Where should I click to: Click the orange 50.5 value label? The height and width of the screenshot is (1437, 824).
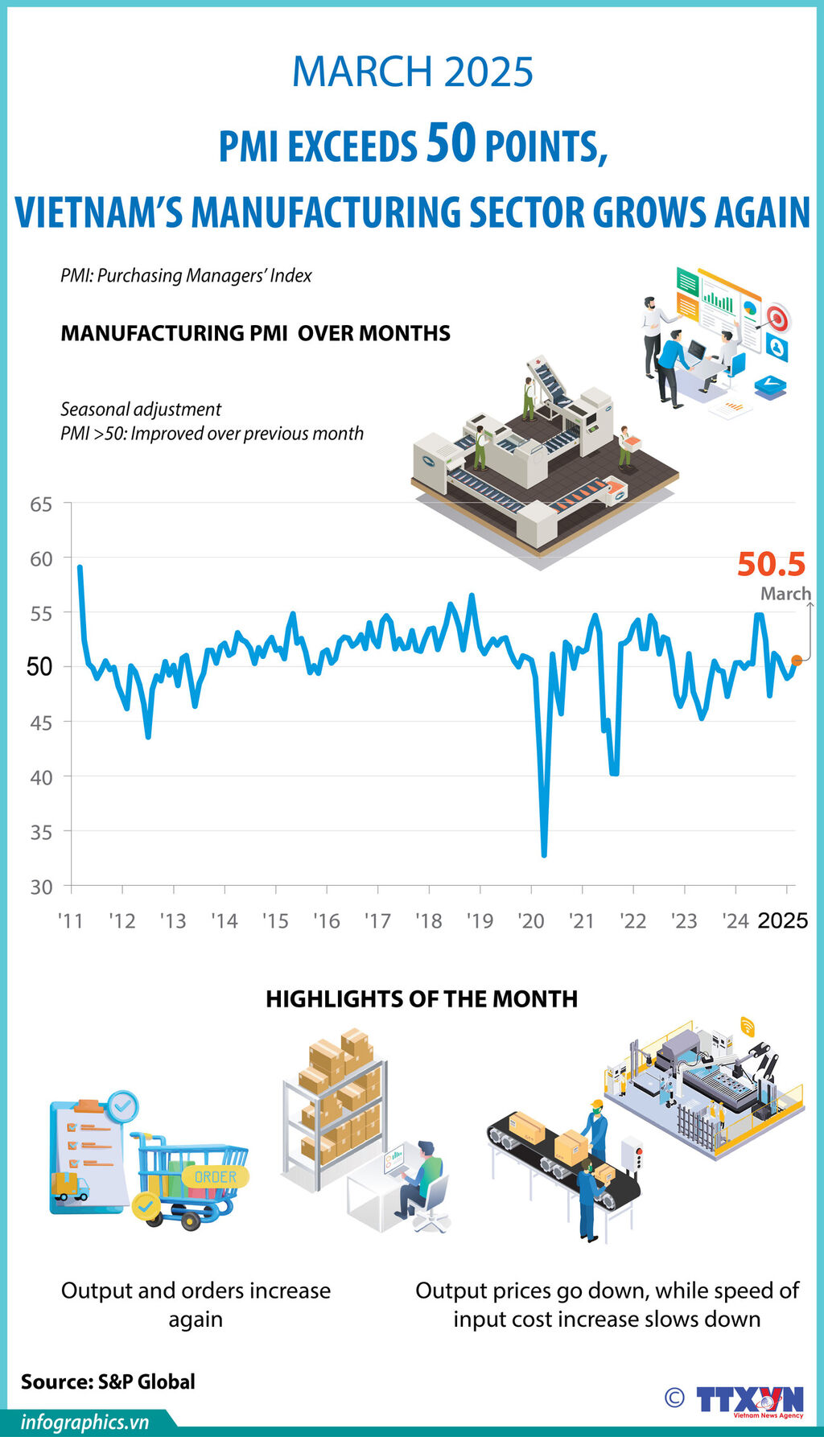(x=771, y=564)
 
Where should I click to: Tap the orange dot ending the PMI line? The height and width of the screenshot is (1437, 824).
(x=797, y=661)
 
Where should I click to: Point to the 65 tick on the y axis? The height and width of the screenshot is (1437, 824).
(x=41, y=504)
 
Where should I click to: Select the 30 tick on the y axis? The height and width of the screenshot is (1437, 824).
(x=41, y=887)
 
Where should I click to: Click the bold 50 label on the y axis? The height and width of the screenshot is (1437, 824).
(x=39, y=667)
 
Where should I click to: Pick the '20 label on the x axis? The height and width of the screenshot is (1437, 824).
(x=531, y=921)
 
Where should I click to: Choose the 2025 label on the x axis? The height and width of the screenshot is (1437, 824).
(x=783, y=921)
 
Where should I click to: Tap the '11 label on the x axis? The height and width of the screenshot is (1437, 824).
(x=71, y=921)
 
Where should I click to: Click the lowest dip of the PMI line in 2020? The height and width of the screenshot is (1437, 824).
(x=545, y=854)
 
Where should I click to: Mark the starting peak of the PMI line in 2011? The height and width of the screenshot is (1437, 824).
(x=80, y=567)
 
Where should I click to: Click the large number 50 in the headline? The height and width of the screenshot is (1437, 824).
(x=451, y=142)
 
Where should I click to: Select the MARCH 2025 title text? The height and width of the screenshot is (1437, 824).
(x=412, y=72)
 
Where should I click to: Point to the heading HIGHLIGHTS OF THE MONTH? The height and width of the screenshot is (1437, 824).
(x=422, y=999)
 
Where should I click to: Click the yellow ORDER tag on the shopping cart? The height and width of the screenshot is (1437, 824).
(x=216, y=1177)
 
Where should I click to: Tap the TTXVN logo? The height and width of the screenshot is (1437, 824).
(x=749, y=1401)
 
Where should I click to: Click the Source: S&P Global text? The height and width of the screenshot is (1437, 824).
(x=108, y=1381)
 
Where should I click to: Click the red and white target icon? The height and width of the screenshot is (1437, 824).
(x=777, y=316)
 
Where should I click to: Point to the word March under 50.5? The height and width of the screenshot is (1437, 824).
(x=785, y=594)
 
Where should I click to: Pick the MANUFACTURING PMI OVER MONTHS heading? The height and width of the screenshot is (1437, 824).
(x=255, y=333)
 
